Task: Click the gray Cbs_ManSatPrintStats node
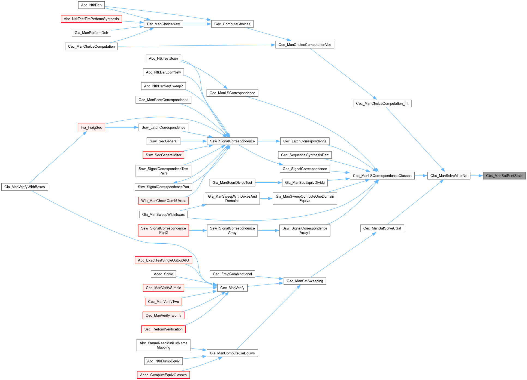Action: [504, 176]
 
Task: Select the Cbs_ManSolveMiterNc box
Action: [448, 176]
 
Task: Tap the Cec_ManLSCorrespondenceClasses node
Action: [382, 176]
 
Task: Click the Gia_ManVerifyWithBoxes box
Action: [25, 187]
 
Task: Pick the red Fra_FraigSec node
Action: [91, 127]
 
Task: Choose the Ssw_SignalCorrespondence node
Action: [232, 141]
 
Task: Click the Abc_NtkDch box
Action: [91, 5]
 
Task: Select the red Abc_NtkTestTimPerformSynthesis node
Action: [91, 19]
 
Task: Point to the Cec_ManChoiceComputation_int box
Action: [382, 103]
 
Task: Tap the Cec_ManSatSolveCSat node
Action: [382, 228]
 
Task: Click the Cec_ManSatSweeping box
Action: [305, 281]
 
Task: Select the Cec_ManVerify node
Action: [232, 288]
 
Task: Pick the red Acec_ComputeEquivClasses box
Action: [163, 375]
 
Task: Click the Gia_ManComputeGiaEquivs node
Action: [232, 353]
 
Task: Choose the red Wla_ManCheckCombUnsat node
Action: [163, 201]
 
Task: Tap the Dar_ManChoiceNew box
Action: [163, 24]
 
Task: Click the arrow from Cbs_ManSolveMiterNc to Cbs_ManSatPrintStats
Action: [477, 176]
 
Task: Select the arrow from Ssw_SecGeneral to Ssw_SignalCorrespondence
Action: [193, 141]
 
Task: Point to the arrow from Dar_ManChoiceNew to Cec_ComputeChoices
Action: [197, 24]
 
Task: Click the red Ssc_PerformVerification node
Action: [163, 329]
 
